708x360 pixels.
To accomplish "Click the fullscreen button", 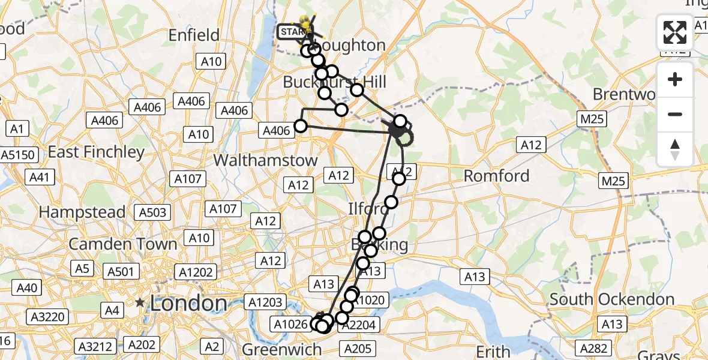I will (675, 32).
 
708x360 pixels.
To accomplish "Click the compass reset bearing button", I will (675, 149).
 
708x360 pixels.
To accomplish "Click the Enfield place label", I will (194, 35).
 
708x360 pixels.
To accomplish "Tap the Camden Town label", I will (123, 244).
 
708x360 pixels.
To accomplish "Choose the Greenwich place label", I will (282, 349).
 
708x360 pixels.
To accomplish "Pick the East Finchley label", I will (96, 152).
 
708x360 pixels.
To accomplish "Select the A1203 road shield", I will (265, 302).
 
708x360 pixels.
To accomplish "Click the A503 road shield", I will (154, 212).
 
